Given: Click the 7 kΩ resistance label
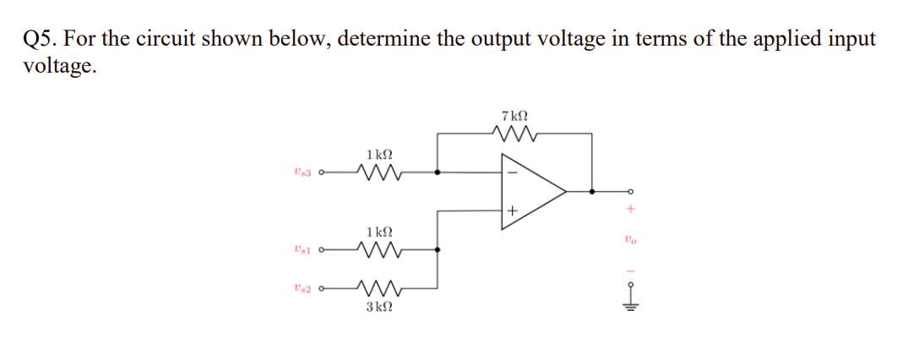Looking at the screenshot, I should tap(514, 115).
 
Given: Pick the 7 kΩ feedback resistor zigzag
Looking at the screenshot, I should tap(514, 133).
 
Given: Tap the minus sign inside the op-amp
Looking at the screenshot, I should tap(511, 172).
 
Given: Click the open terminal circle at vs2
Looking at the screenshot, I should tap(324, 289).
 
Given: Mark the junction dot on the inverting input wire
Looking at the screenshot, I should tap(437, 172).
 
